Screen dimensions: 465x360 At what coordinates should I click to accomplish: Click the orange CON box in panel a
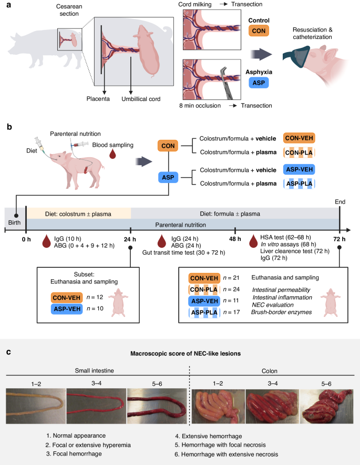coord(258,30)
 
